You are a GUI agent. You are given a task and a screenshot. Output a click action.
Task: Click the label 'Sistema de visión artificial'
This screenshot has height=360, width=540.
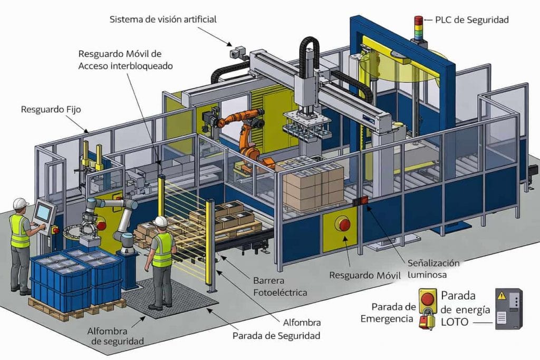pos(163,20)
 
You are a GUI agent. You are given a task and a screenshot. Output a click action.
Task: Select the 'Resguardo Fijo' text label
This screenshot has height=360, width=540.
pos(51,110)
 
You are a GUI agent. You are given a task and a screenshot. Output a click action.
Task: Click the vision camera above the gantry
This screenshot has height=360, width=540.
pos(238,52)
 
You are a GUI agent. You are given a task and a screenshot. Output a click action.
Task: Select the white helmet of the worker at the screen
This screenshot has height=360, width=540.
pos(20,203)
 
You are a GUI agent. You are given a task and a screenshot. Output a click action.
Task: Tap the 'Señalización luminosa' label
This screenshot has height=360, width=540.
pos(433,269)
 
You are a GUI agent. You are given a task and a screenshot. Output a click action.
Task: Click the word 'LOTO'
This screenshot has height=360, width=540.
pos(453,322)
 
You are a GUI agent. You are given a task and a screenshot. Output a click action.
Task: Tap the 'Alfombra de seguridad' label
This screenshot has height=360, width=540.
pos(116,336)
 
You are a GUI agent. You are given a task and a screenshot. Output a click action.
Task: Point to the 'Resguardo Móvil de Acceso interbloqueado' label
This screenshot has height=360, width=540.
pos(126,60)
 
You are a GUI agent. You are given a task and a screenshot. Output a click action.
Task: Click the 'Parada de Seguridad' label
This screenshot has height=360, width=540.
pos(276,335)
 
